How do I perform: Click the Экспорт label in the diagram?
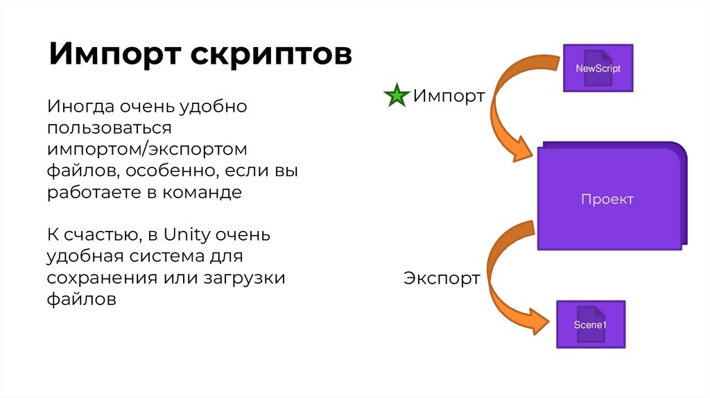442,279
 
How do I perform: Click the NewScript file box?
598,68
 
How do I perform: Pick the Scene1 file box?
590,325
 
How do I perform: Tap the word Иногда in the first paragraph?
77,107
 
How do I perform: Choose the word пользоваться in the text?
109,128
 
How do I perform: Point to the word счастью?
102,235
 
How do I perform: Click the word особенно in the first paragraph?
160,171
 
